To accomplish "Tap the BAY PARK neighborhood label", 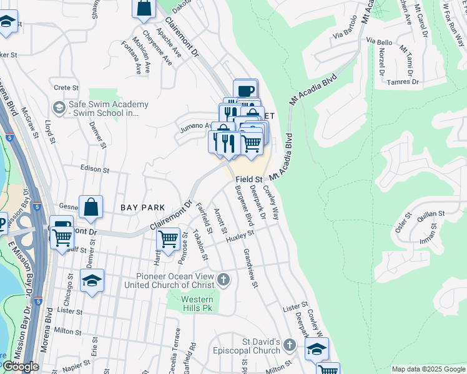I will click(143, 207).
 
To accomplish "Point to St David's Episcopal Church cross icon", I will click(289, 345).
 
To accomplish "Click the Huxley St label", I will click(241, 236).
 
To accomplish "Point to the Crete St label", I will click(65, 88).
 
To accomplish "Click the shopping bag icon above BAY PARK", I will click(91, 207).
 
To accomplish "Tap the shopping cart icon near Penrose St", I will click(169, 238).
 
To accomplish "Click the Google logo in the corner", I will click(20, 367).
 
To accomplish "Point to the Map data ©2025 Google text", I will click(428, 369).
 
